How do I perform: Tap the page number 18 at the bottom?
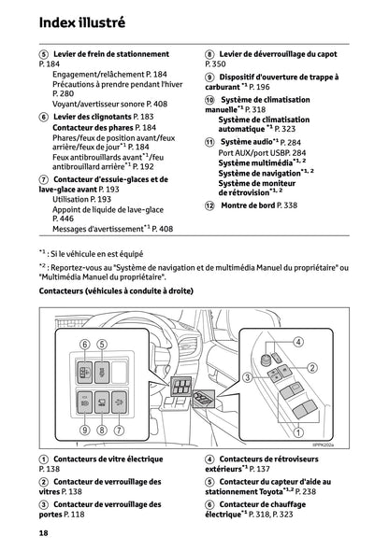click(44, 532)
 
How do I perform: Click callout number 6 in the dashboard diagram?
click(84, 345)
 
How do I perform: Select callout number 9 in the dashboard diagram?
click(84, 430)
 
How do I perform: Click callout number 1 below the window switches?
click(297, 431)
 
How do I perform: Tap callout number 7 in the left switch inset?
click(120, 430)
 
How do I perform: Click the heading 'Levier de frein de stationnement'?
click(112, 54)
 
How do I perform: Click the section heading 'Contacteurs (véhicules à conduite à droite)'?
click(116, 291)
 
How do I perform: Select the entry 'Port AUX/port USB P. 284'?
click(262, 152)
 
